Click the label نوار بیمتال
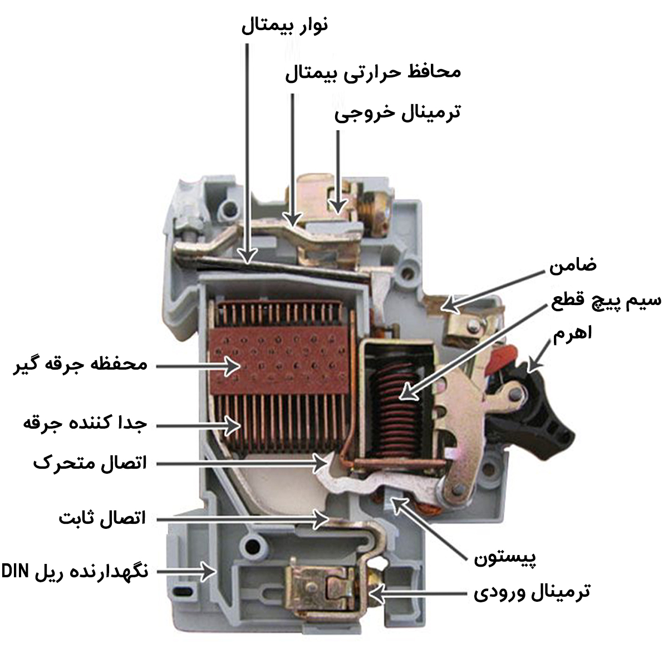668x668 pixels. click(284, 26)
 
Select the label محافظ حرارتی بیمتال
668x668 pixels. click(373, 72)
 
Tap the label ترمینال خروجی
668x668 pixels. click(397, 112)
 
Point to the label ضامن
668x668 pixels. click(573, 265)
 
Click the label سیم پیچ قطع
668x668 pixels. click(606, 301)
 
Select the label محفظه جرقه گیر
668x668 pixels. click(80, 365)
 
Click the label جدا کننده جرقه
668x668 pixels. click(85, 424)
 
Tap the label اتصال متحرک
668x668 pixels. click(90, 463)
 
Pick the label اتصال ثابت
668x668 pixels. click(102, 519)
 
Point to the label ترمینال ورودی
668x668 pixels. click(532, 592)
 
